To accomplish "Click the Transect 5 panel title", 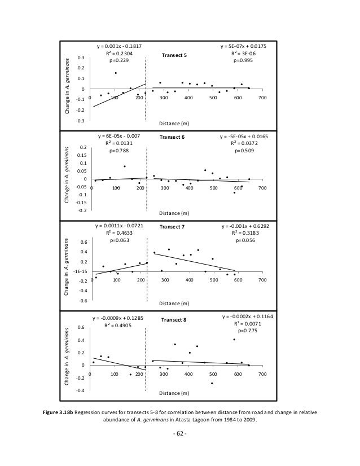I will tap(174, 55).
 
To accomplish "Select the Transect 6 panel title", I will tap(173, 137).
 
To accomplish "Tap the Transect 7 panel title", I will tap(173, 227).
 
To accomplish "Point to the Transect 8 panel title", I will tap(174, 320).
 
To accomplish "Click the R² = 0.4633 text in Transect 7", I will tap(119, 232).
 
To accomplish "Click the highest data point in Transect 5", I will tap(116, 73).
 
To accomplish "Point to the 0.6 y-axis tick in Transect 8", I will tap(81, 327).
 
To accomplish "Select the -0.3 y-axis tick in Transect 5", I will tap(81, 121).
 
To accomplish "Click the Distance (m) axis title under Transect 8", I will tap(174, 393).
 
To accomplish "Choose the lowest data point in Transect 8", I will tap(212, 383).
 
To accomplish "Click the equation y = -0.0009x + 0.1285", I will tap(118, 318).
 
